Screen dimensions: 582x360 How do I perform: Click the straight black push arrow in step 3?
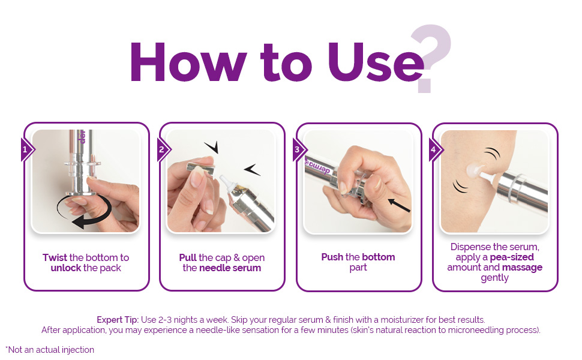399,205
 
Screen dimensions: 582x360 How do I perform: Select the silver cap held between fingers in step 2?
201,169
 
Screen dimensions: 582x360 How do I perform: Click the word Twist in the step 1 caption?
55,257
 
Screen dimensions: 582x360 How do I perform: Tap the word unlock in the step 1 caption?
65,268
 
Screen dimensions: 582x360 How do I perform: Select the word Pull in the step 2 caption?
187,257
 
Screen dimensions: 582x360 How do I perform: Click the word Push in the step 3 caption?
332,257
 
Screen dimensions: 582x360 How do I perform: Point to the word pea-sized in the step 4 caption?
512,257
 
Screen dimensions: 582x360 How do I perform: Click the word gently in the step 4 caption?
495,278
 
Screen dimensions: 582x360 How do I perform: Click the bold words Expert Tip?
118,320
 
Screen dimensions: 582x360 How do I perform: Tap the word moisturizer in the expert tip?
402,320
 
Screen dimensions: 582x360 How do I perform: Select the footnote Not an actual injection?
50,350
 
